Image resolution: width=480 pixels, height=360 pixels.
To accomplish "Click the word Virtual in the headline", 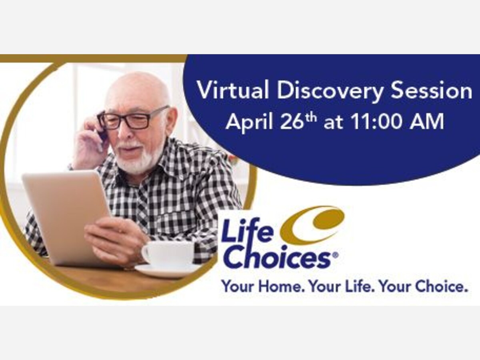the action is [233, 90].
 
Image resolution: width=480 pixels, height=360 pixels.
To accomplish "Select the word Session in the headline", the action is [432, 90].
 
